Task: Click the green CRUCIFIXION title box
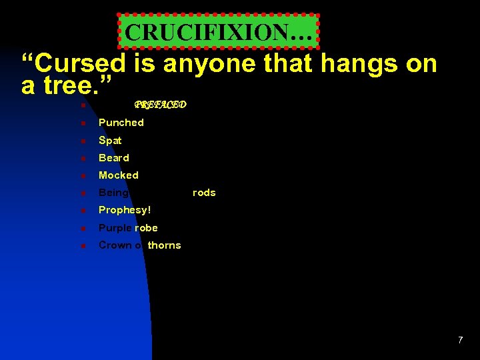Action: [219, 31]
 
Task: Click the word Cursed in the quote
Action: [73, 64]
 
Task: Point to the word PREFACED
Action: [160, 105]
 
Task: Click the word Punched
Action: [121, 123]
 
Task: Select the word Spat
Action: [110, 141]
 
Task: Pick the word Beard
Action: [113, 158]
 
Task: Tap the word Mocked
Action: [118, 175]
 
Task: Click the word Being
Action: [113, 193]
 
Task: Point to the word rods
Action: [204, 193]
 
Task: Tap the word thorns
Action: [164, 245]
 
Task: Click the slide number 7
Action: [460, 341]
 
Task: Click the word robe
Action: [146, 228]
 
